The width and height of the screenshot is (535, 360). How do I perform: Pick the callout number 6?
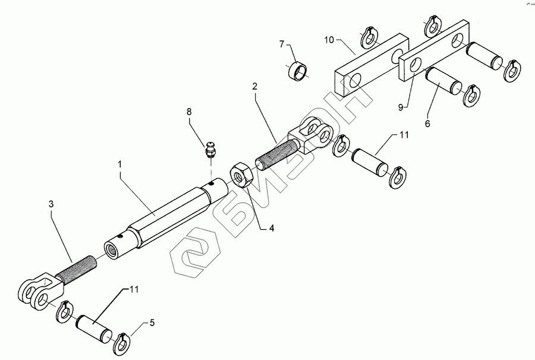tap(427, 124)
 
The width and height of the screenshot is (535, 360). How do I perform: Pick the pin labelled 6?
tap(442, 82)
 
